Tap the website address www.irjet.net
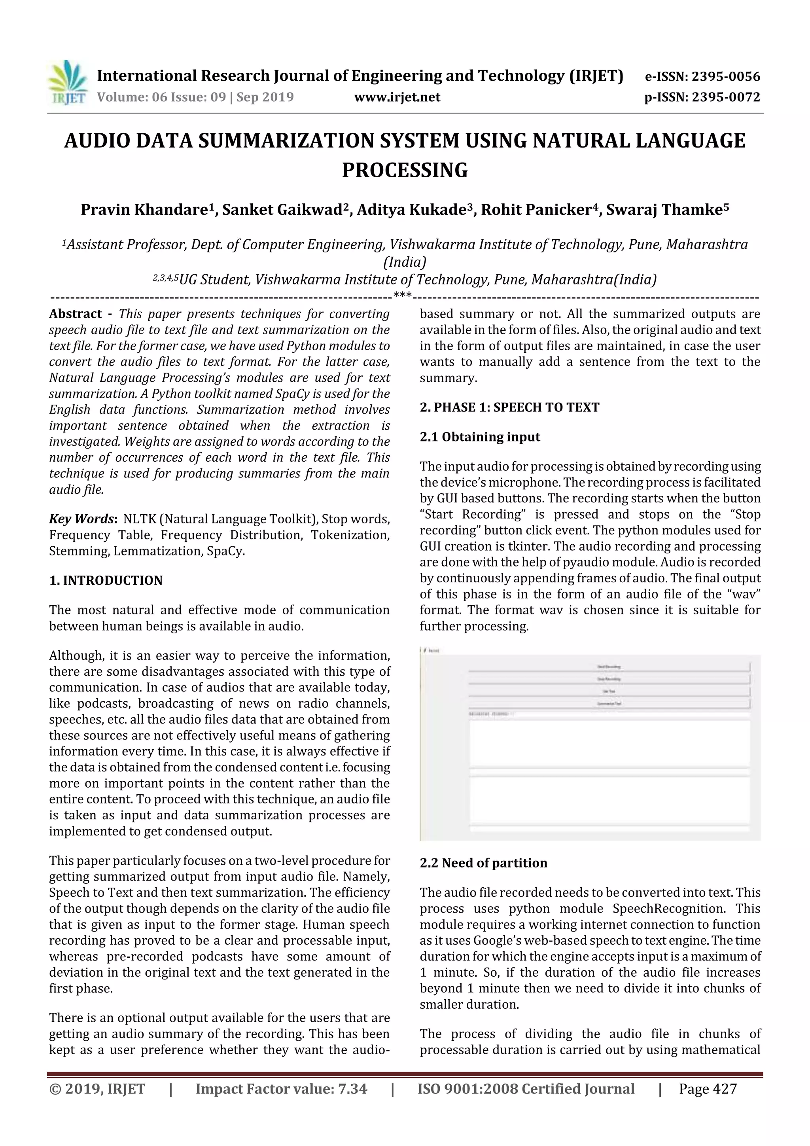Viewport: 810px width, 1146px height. [397, 97]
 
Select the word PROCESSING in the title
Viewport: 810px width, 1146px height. [404, 170]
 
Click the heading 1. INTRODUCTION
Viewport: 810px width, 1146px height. [106, 580]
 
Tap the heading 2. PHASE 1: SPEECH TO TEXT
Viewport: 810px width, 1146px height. [509, 407]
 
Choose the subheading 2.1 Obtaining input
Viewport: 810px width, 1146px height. [480, 437]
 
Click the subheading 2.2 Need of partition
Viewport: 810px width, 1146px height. [483, 863]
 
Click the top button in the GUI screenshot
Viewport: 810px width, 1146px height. [609, 667]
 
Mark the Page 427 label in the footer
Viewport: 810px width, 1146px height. [707, 1089]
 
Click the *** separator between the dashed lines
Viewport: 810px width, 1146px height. [402, 295]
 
